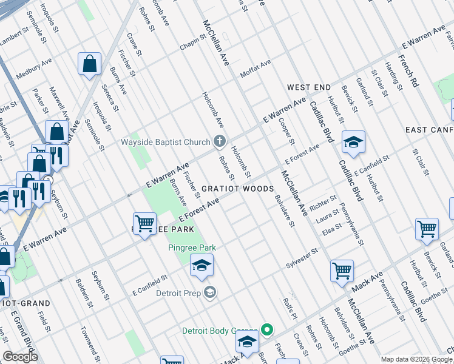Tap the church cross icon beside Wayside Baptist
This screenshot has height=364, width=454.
pos(220,143)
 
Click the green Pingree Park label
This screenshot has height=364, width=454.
pos(192,248)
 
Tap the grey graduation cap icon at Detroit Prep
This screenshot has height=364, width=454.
pos(210,293)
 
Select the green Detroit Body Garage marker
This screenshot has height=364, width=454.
pos(266,331)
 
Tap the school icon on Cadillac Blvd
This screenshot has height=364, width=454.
pos(353,143)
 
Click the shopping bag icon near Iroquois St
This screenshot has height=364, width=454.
pos(89,64)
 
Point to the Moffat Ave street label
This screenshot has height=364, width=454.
pos(255,68)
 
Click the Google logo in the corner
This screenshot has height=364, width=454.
pos(20,357)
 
